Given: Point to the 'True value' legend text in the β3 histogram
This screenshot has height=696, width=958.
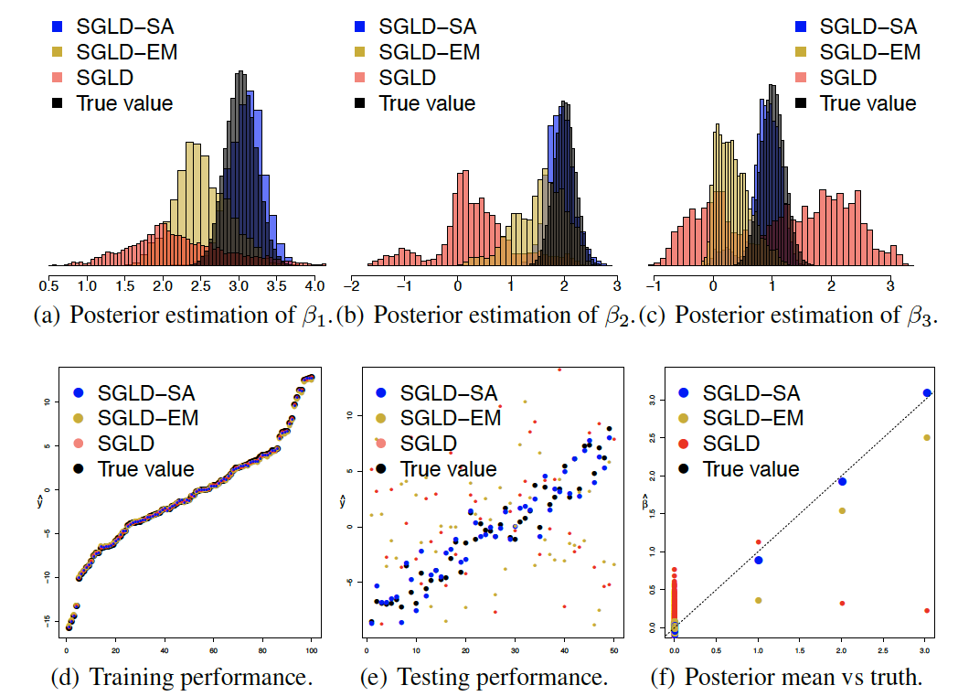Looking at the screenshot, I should click(868, 103).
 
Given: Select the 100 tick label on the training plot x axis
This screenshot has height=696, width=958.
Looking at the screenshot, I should click(311, 650).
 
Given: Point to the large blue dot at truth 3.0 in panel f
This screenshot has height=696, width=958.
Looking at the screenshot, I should click(927, 393).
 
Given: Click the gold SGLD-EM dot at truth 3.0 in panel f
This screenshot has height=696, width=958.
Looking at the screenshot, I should click(927, 437).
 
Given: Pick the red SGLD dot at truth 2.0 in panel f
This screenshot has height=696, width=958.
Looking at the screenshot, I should click(842, 604).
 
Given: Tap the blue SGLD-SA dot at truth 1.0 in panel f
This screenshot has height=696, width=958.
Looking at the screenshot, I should click(758, 560).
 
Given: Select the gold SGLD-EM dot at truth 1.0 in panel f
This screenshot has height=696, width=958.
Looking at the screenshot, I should click(758, 600).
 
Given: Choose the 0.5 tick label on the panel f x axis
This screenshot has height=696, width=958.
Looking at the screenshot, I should click(716, 650).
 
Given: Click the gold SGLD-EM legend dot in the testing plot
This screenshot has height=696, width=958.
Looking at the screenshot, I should click(379, 419).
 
